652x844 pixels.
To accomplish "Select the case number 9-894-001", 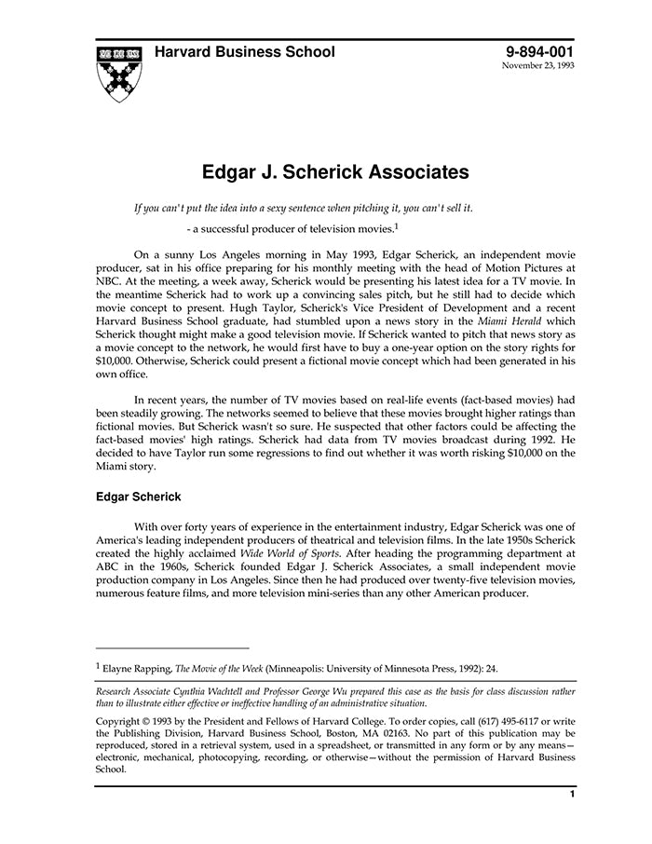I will (x=540, y=52).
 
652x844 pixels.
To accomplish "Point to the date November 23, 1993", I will (x=538, y=67).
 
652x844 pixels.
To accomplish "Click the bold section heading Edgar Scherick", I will (x=139, y=497).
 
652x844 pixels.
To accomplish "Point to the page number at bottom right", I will (x=572, y=795).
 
